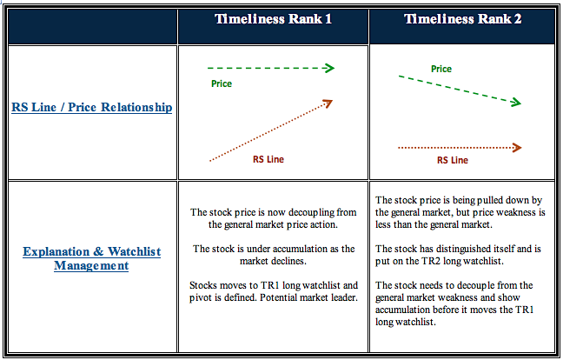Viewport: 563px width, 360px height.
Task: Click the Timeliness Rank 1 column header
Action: (273, 19)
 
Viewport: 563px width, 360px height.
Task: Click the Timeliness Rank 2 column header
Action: (462, 19)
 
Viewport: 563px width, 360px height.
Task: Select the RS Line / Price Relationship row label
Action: (91, 108)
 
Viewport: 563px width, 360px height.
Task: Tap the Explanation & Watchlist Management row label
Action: (91, 258)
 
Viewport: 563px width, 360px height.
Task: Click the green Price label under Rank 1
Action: (222, 83)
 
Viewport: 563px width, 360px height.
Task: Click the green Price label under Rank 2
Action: (441, 69)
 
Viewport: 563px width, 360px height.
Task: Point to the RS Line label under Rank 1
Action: (268, 159)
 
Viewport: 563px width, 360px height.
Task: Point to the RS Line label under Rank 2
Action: (453, 160)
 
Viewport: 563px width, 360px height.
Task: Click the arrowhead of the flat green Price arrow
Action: (329, 68)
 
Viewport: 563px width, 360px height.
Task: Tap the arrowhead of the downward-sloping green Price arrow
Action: (516, 103)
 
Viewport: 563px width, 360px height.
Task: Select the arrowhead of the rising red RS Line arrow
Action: (328, 103)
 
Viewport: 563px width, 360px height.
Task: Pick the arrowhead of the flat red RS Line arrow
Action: (517, 147)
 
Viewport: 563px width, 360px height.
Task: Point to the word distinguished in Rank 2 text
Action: (459, 249)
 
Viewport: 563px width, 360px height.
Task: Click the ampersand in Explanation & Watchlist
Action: (98, 251)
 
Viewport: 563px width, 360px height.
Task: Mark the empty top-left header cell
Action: (93, 27)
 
